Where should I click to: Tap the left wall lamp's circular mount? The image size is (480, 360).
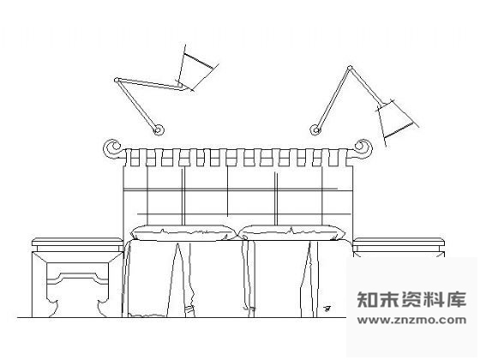click(159, 130)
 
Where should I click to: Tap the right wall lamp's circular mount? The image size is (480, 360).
click(315, 130)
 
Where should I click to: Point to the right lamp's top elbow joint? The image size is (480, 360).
click(351, 68)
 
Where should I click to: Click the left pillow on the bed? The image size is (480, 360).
click(183, 232)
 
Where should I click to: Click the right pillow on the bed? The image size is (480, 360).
click(291, 232)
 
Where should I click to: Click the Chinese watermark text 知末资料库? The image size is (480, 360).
click(411, 299)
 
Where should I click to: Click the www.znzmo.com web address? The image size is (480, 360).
click(411, 321)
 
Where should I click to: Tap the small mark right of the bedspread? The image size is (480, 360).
click(327, 309)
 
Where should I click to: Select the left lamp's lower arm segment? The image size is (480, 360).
click(137, 105)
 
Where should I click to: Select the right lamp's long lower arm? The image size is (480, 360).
click(333, 99)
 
